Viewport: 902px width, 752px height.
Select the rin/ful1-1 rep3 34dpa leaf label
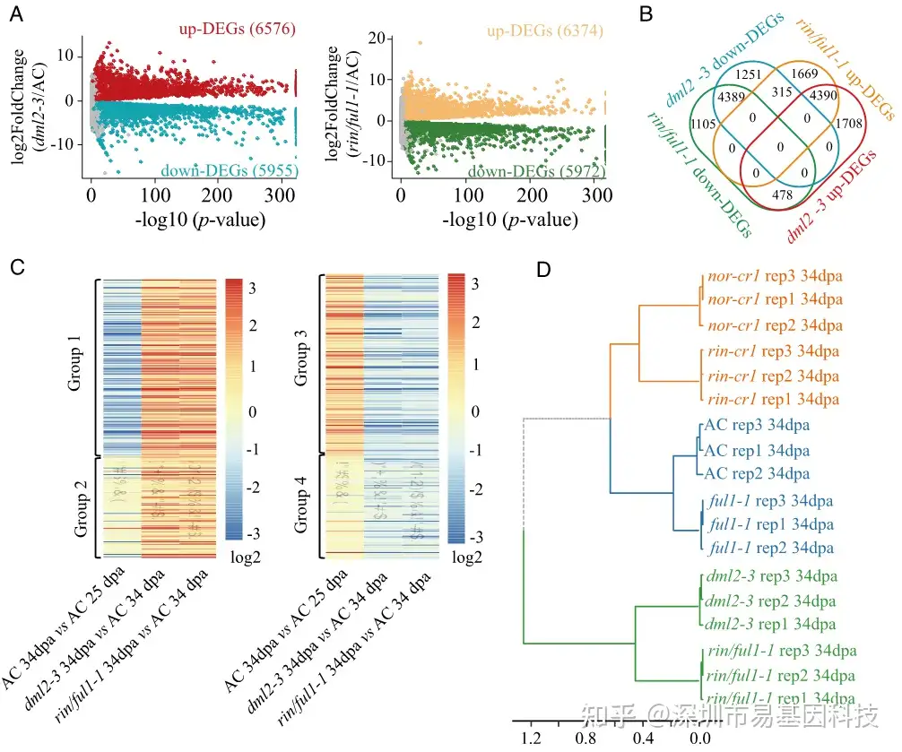[x=781, y=651]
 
